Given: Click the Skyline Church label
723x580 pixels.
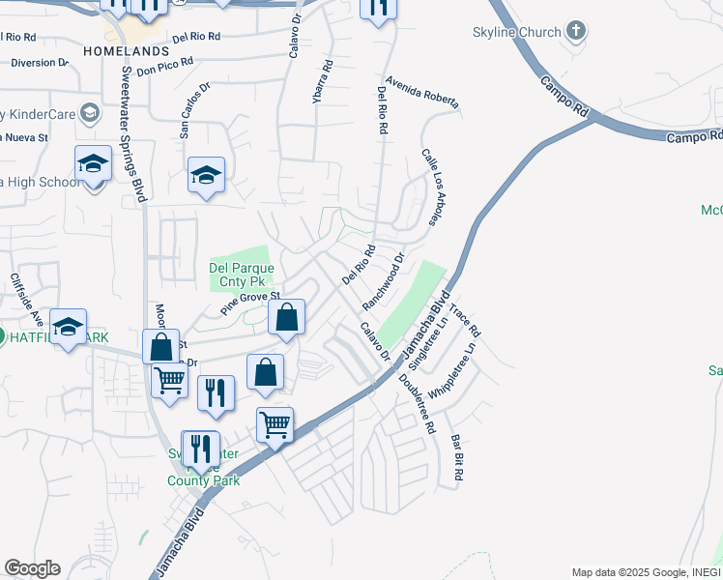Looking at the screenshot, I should [x=516, y=32].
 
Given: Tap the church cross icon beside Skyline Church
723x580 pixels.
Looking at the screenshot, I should [x=576, y=31].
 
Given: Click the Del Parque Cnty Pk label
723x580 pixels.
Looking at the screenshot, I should [x=242, y=275].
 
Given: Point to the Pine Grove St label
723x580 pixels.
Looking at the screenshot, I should [x=249, y=304].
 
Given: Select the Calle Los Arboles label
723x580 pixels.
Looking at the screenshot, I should [x=432, y=188].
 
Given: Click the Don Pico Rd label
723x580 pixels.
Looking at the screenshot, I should [x=164, y=66].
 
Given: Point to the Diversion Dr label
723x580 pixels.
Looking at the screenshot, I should [x=39, y=63].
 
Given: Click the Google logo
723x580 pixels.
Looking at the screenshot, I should [x=32, y=568].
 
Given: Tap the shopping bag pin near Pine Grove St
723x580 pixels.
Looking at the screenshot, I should [x=286, y=317].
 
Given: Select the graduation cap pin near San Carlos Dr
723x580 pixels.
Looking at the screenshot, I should [x=206, y=175].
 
